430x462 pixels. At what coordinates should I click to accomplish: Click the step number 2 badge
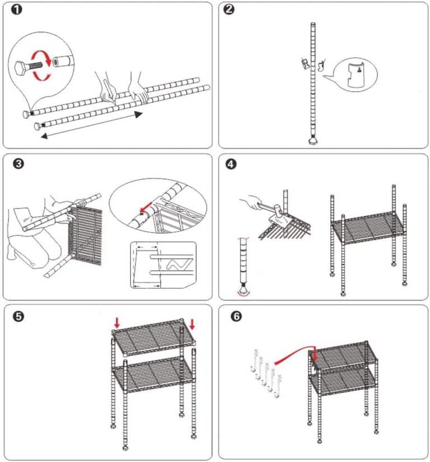coord(229,11)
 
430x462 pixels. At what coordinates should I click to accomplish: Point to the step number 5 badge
coord(17,317)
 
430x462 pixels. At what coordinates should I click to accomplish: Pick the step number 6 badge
coord(236,317)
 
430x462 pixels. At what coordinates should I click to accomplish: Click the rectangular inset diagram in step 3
coord(163,265)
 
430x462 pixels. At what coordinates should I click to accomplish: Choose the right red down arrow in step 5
coord(191,324)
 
